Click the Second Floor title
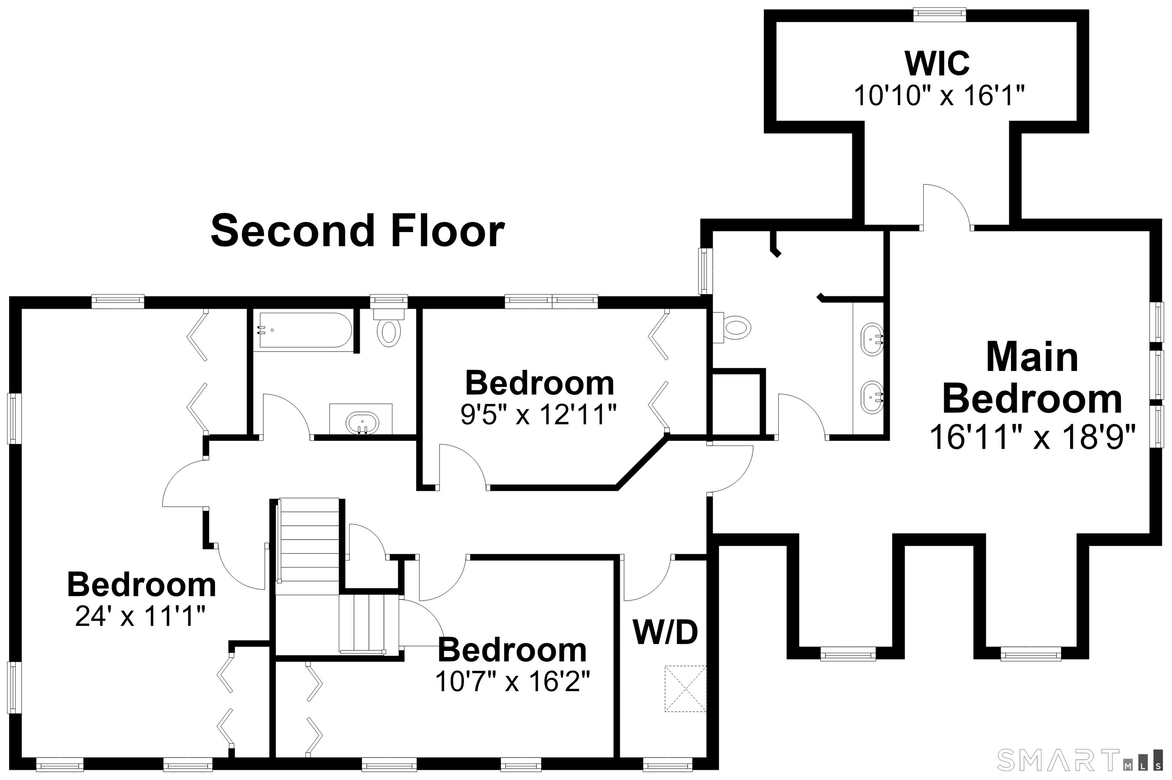click(x=358, y=231)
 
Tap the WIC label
click(x=937, y=63)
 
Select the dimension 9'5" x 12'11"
click(x=539, y=414)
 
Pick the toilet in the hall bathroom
click(x=389, y=328)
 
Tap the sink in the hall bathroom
click(x=362, y=422)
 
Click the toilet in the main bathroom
click(x=731, y=328)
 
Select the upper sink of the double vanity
click(x=873, y=340)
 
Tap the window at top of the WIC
click(x=939, y=15)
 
